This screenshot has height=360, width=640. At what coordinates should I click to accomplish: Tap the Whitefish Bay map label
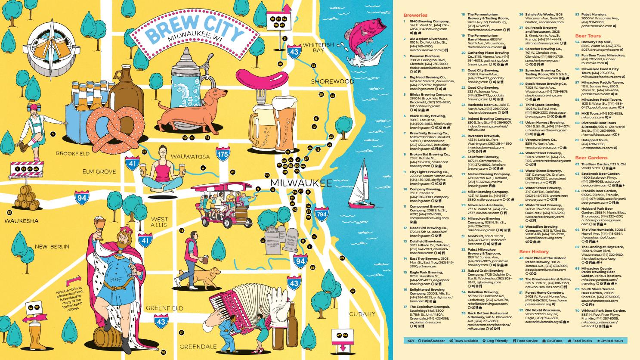tap(318, 47)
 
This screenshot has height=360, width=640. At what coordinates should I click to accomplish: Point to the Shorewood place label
tap(332, 81)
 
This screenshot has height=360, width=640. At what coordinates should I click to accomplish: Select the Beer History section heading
tap(534, 251)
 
